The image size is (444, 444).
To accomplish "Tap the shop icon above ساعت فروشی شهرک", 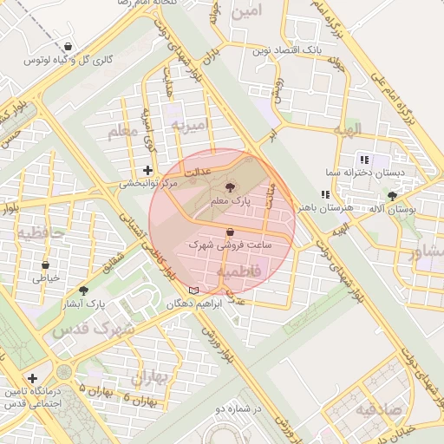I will (229, 232).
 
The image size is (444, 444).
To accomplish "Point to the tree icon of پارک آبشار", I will (84, 291).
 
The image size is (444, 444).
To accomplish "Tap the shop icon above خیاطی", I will (45, 265).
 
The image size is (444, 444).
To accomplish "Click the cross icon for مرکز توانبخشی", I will (147, 170).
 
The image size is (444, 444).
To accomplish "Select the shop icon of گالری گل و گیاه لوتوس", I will (68, 45).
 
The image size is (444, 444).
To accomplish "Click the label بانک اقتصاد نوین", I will (286, 51).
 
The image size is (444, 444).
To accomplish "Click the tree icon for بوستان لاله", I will (393, 196).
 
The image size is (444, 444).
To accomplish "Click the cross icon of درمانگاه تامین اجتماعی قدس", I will (32, 378).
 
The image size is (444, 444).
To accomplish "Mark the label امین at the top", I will (246, 12).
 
